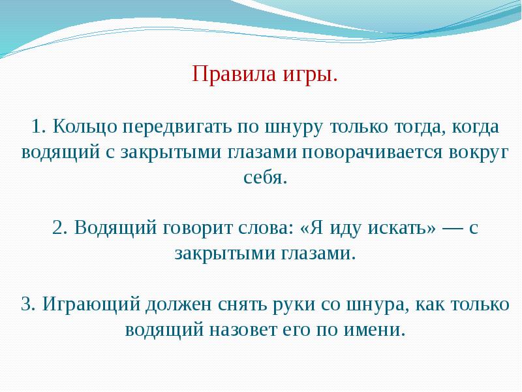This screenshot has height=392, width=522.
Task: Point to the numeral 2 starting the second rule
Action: tap(59, 229)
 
